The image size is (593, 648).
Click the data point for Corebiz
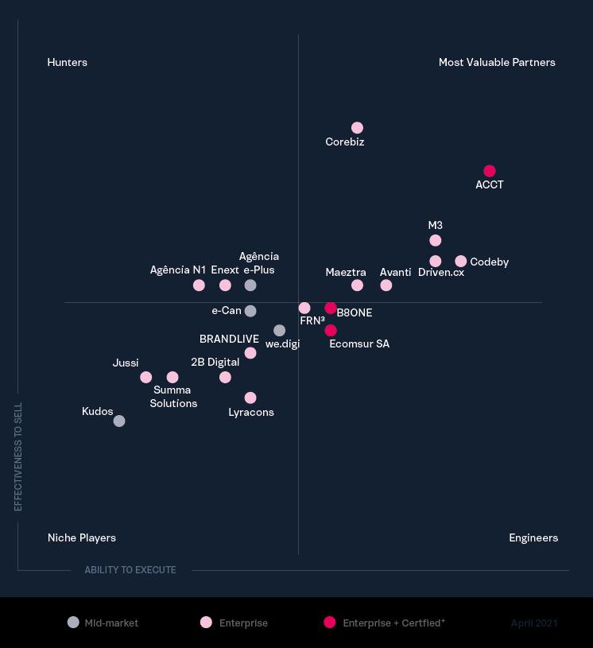pyautogui.click(x=357, y=128)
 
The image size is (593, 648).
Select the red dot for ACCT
pyautogui.click(x=490, y=171)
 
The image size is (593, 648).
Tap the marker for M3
pyautogui.click(x=435, y=240)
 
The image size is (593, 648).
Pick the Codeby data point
pyautogui.click(x=461, y=262)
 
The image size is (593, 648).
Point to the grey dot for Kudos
pyautogui.click(x=119, y=421)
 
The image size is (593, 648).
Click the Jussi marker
pyautogui.click(x=146, y=378)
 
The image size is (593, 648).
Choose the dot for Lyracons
pyautogui.click(x=250, y=398)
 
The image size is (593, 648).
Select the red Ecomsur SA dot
pyautogui.click(x=331, y=331)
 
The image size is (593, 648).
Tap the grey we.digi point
pyautogui.click(x=279, y=331)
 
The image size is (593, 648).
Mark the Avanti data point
pyautogui.click(x=386, y=285)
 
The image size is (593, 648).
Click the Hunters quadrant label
pyautogui.click(x=68, y=62)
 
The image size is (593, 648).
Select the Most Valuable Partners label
pyautogui.click(x=497, y=62)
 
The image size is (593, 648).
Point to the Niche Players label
pyautogui.click(x=82, y=537)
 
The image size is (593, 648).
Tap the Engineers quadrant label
pyautogui.click(x=533, y=537)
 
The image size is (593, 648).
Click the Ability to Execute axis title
pyautogui.click(x=130, y=570)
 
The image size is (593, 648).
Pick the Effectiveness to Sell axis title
pyautogui.click(x=18, y=456)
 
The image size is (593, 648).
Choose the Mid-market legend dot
pyautogui.click(x=74, y=623)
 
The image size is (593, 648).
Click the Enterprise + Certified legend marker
pyautogui.click(x=330, y=623)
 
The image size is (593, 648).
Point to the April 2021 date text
pyautogui.click(x=534, y=623)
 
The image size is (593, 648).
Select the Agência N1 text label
pyautogui.click(x=178, y=270)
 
